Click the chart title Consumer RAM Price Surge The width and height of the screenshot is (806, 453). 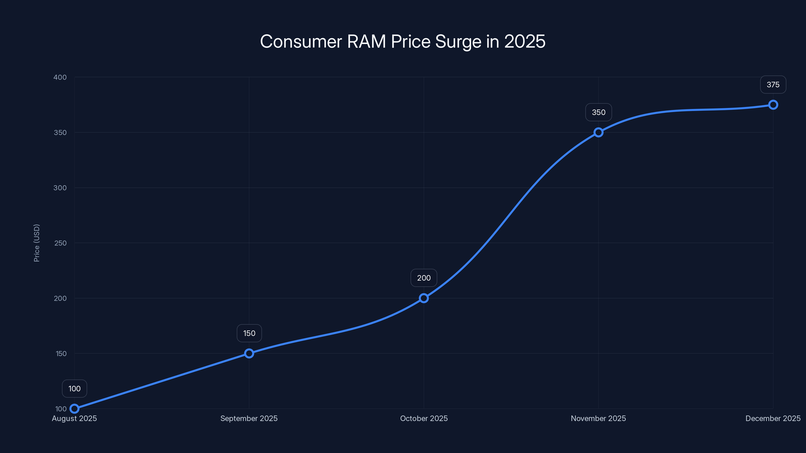point(403,42)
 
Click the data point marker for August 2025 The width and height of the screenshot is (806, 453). point(75,409)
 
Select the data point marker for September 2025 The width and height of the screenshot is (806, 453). point(249,354)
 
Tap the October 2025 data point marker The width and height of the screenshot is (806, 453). point(424,298)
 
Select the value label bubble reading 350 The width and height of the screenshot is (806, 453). point(598,112)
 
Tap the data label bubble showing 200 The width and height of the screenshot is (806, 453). point(424,278)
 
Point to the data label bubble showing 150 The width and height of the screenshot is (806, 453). point(249,333)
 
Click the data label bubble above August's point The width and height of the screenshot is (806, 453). point(75,389)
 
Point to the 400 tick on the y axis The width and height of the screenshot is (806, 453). point(60,77)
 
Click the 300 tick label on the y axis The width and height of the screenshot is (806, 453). point(60,188)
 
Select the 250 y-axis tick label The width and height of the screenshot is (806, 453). point(60,243)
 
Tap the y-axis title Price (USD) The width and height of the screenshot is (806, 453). point(37,243)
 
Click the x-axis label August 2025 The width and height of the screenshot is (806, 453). point(75,419)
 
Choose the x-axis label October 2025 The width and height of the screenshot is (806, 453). point(424,419)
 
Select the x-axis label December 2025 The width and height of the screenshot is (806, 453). point(773,419)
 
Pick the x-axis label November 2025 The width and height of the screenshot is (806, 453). point(598,419)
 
